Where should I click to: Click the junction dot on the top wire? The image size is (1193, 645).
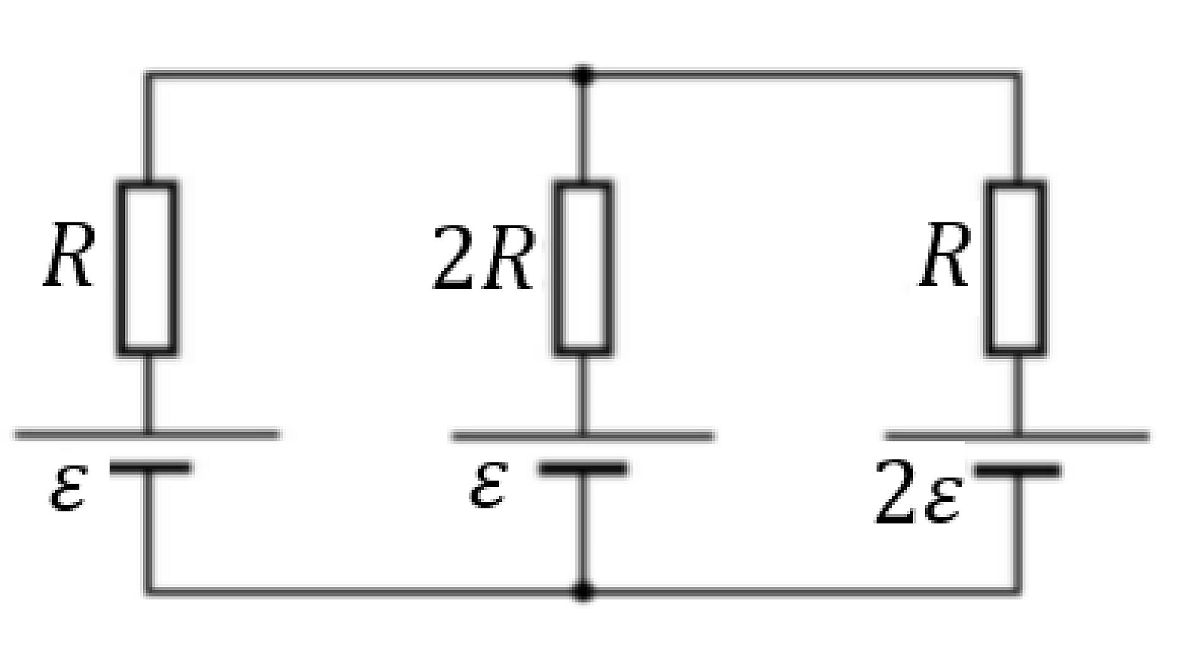584,76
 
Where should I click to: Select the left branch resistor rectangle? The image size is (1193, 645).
147,268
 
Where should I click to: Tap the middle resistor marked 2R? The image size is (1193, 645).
584,268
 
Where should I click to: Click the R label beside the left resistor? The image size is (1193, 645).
69,256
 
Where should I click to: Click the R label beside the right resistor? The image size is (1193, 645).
943,256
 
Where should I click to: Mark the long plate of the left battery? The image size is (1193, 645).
147,434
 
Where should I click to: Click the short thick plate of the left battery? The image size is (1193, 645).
149,467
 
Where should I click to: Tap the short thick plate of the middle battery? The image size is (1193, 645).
582,469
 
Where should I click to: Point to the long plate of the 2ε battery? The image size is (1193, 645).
1017,435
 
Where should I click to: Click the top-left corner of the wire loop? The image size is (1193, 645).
148,76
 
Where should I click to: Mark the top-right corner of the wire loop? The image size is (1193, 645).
1017,76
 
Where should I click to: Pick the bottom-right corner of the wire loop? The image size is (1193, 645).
1017,591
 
